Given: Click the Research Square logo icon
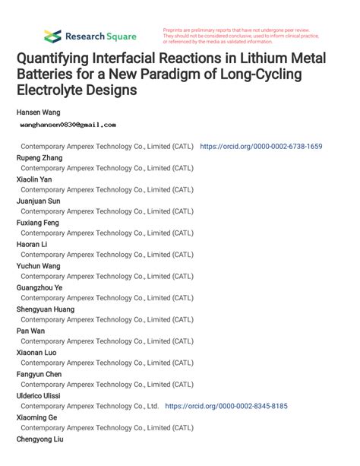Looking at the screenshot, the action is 52,36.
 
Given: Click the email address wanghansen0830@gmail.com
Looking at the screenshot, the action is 67,124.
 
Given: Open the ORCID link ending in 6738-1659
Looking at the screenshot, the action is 261,146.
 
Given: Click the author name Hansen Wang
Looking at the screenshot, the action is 39,112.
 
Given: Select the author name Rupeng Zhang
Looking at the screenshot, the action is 41,157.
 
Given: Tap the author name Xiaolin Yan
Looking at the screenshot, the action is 35,179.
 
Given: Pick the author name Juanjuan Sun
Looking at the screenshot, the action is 38,201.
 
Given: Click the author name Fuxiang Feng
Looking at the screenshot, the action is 38,223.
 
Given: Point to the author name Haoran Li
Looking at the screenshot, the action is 32,244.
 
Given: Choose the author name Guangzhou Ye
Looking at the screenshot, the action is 39,287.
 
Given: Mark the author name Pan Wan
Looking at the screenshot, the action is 30,331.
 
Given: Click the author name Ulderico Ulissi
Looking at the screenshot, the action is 39,395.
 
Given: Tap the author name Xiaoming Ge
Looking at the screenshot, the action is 36,417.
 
